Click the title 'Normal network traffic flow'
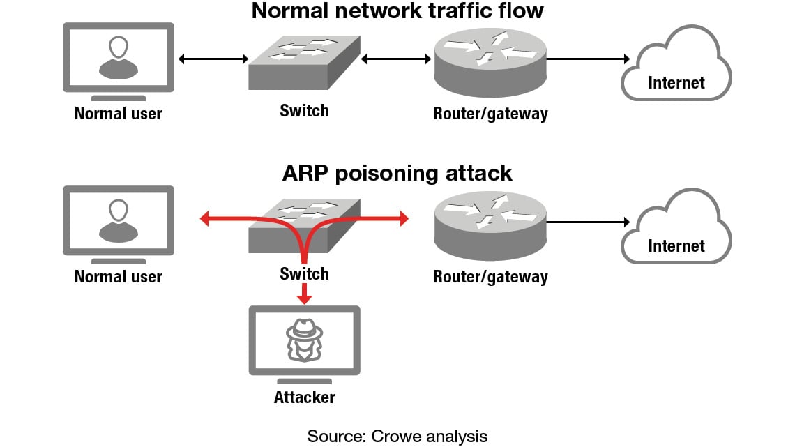point(397,11)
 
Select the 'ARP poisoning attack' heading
point(397,173)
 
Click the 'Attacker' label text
point(304,398)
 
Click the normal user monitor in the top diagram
point(118,60)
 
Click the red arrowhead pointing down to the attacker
point(303,299)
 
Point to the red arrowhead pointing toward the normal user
point(204,220)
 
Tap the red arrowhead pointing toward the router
point(404,220)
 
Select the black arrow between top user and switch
point(213,59)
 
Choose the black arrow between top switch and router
point(396,59)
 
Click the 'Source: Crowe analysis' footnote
point(397,437)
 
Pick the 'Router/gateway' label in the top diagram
point(490,114)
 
